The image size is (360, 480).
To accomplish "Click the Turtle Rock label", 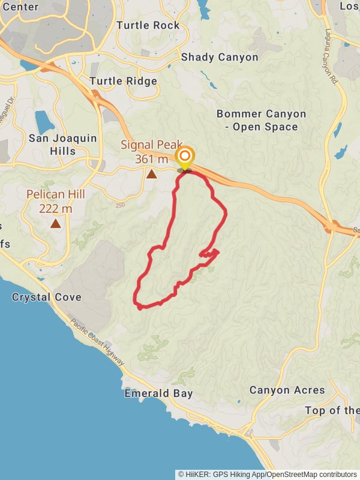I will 148,25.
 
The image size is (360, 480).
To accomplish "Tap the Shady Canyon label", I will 220,57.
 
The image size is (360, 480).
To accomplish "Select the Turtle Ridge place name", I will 123,81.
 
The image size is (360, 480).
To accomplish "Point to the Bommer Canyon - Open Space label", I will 261,120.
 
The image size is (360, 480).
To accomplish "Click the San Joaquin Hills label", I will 62,145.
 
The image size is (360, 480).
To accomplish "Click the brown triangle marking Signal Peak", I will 152,174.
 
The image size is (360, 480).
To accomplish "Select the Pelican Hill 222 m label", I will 55,202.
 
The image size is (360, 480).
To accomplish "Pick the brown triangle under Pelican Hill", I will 56,224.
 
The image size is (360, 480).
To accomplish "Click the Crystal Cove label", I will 46,297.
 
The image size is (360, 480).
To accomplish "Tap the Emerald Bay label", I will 158,394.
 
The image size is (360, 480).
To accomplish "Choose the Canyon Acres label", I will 287,390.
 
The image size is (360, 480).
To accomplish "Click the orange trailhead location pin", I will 185,158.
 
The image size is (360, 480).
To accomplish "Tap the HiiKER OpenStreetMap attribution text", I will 267,474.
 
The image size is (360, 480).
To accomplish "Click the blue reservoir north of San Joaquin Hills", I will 44,122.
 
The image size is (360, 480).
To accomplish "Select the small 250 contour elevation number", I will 121,205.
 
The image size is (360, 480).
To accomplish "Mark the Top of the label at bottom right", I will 332,410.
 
